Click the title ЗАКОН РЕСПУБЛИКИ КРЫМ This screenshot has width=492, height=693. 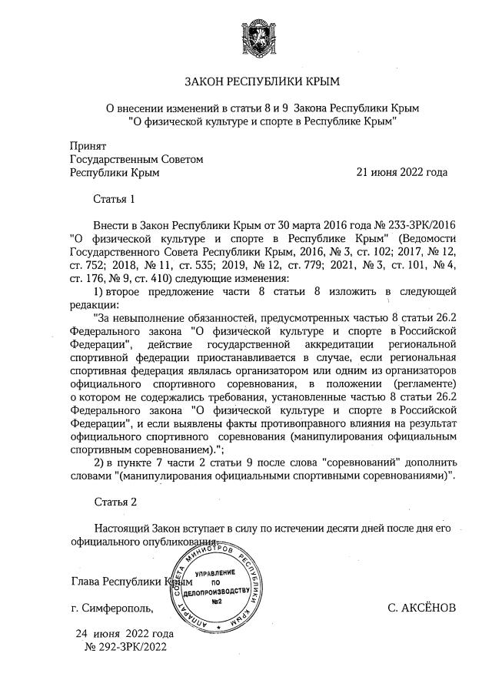(261, 81)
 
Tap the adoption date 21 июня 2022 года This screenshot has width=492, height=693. (401, 173)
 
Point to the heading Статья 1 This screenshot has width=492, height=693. (114, 199)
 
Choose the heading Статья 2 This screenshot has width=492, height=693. (114, 502)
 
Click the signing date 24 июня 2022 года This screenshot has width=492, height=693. (124, 634)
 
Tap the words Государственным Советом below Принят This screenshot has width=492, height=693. (136, 159)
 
